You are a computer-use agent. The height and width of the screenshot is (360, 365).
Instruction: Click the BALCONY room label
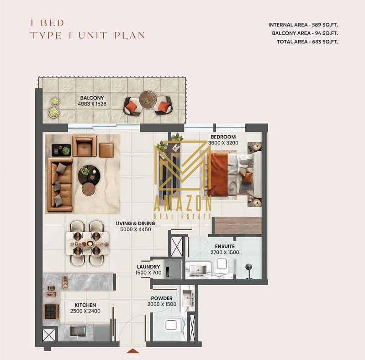tap(92, 98)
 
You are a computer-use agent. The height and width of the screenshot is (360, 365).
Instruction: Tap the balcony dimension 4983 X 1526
tap(92, 104)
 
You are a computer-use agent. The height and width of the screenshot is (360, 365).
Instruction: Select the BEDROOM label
tap(223, 137)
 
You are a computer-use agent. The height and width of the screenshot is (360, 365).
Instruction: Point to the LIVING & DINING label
tap(135, 223)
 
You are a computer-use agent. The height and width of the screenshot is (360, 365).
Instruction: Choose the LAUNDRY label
tap(148, 267)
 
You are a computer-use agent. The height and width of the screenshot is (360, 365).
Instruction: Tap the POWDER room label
tap(162, 298)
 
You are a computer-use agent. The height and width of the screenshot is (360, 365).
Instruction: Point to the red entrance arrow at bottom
tap(132, 351)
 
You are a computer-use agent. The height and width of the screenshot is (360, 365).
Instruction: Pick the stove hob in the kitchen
tap(51, 312)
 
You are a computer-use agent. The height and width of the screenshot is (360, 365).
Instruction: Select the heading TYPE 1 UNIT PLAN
tap(87, 35)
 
